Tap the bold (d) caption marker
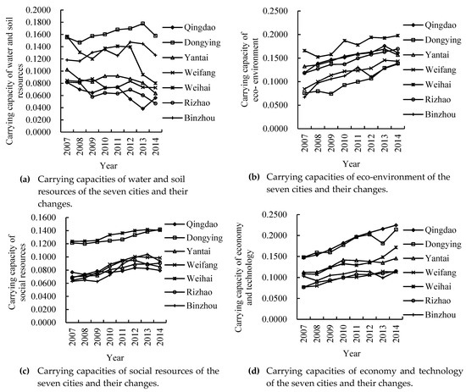click(251, 370)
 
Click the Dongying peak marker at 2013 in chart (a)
click(141, 24)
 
